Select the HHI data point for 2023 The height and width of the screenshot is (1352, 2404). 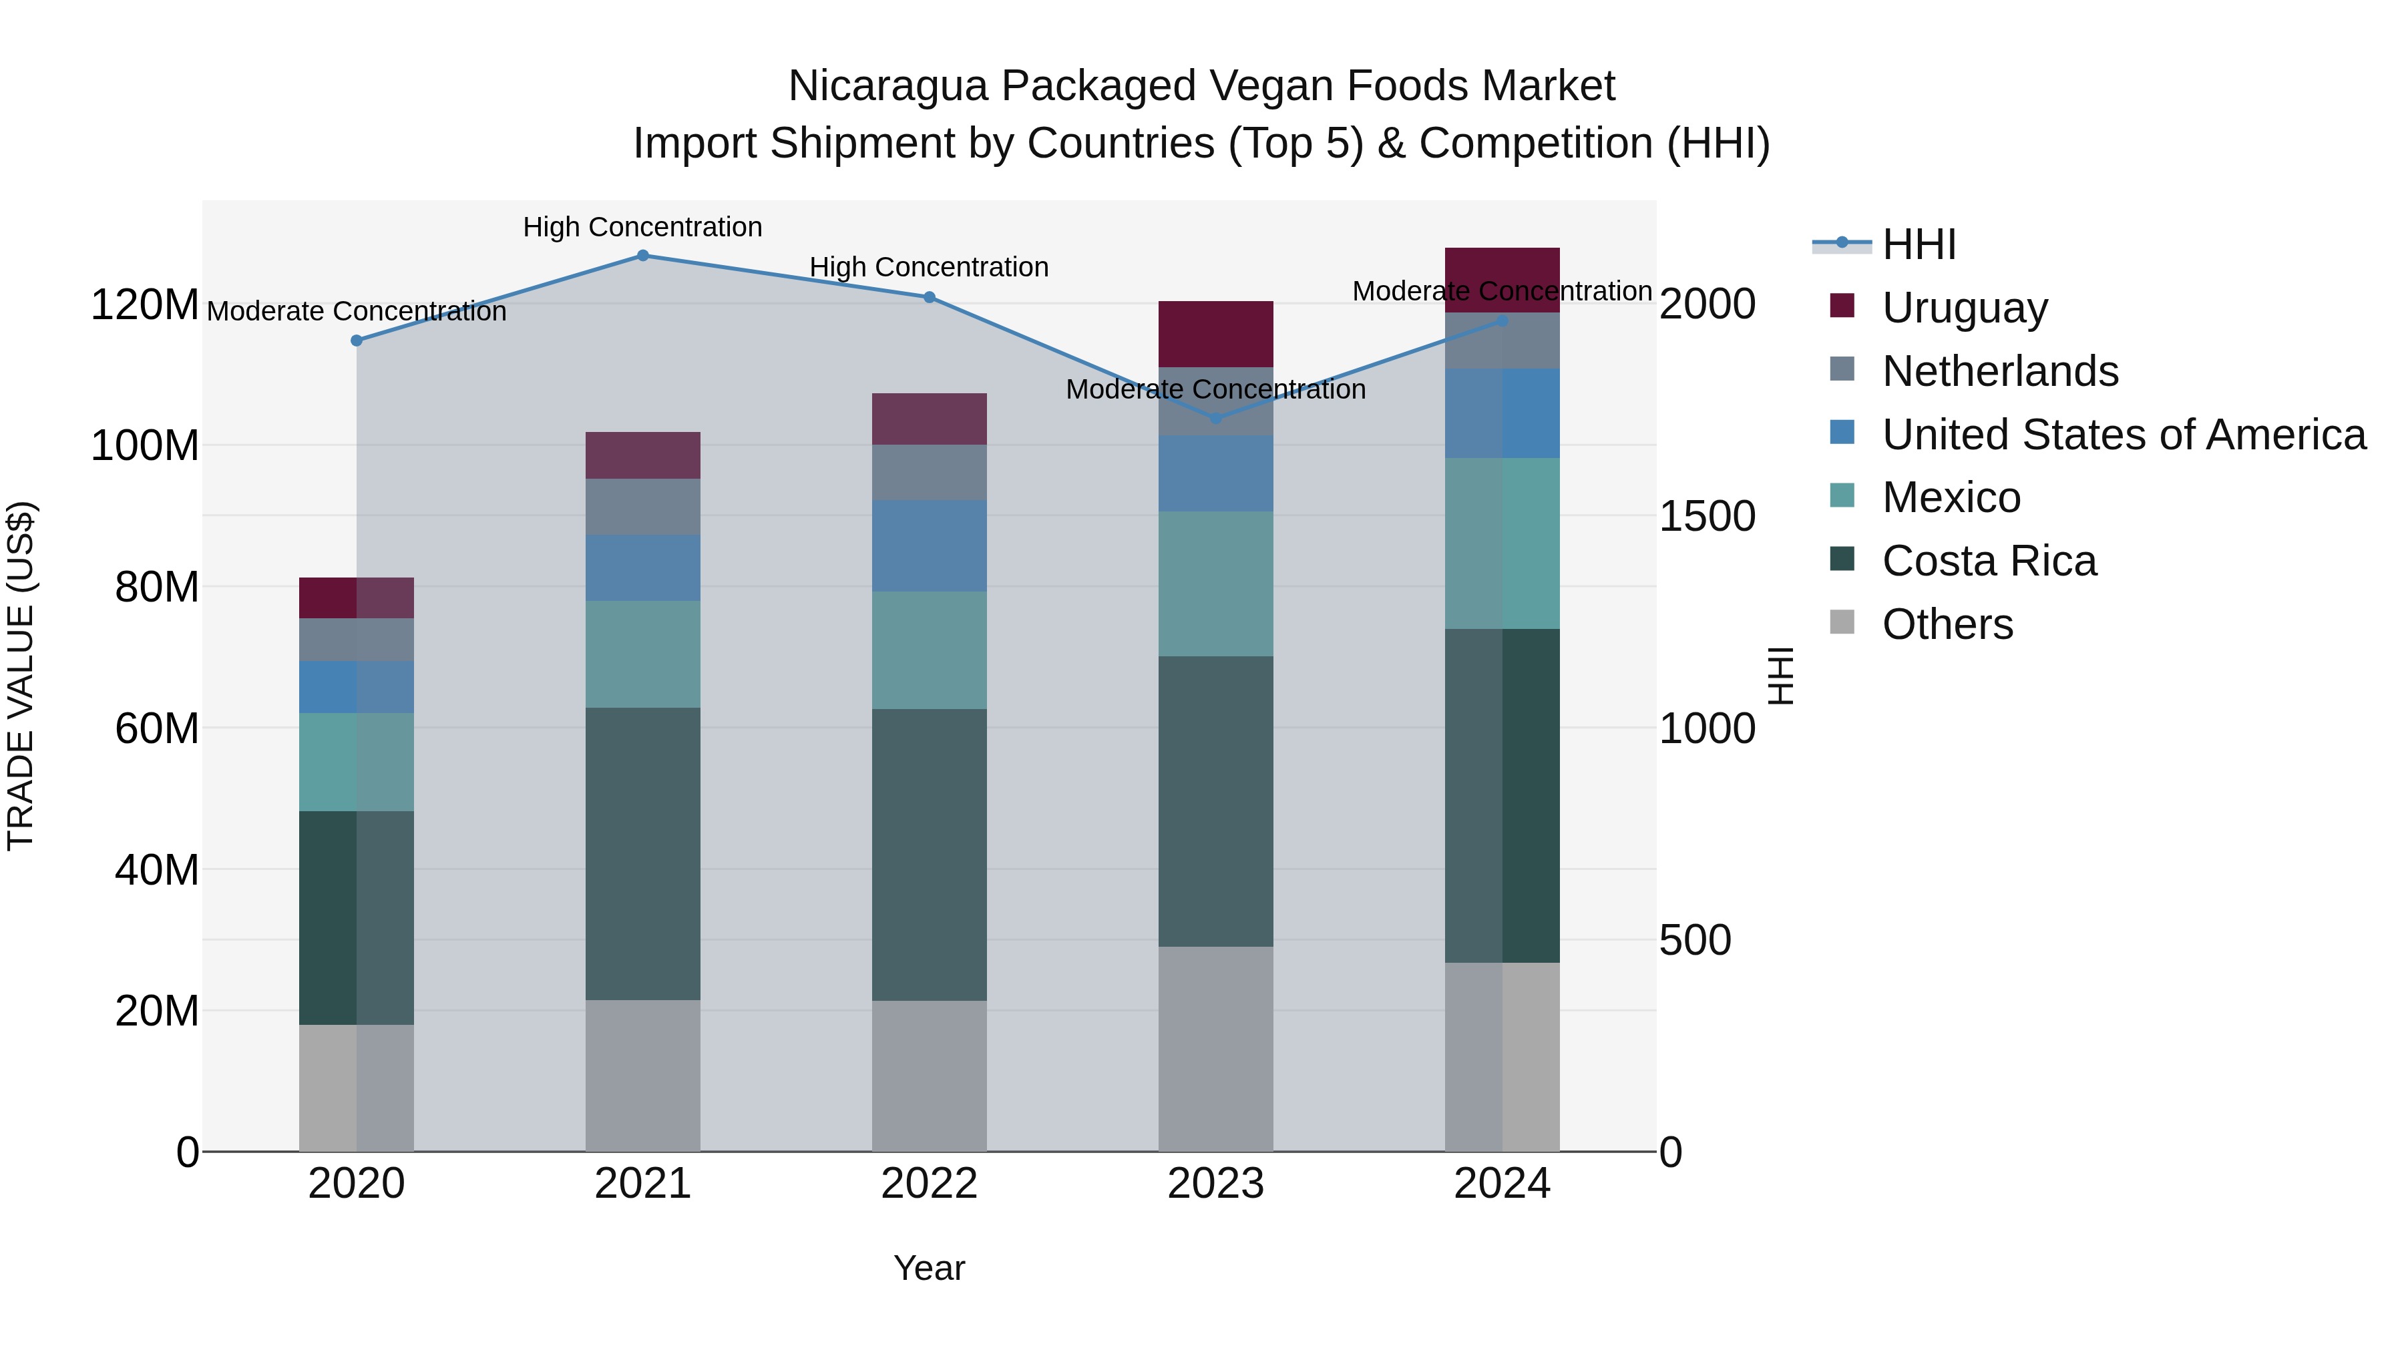1215,419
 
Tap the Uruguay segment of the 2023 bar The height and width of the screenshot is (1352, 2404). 1215,334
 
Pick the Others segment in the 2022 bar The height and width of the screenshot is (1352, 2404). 929,1076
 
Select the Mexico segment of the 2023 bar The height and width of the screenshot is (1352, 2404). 1215,584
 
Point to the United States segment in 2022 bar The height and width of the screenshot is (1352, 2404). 929,546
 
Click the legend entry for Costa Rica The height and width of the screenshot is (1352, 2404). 1988,561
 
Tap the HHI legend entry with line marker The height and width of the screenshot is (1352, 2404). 1918,244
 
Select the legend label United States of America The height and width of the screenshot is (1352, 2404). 2123,435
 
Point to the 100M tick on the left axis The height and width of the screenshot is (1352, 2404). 145,446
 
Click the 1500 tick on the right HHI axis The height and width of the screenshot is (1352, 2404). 1707,516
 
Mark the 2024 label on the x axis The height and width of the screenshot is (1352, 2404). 1502,1184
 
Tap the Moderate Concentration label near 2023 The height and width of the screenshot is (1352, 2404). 1215,389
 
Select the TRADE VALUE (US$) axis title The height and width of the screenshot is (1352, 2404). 21,676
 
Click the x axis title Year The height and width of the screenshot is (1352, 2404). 929,1268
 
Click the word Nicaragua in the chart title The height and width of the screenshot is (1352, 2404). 887,86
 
